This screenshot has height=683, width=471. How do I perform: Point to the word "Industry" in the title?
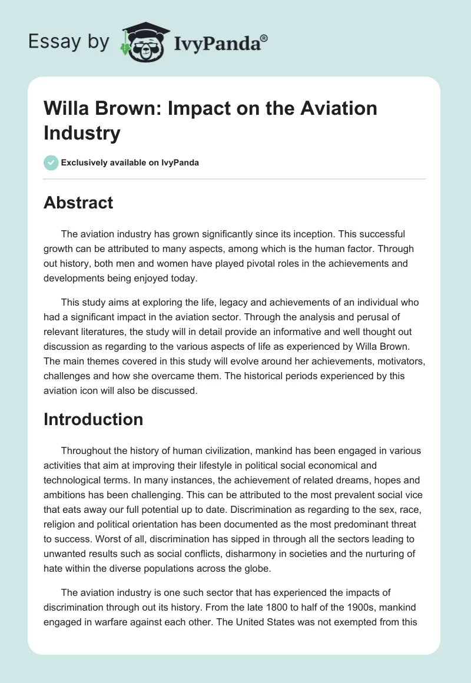pos(82,132)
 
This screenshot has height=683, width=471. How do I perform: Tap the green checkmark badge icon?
pos(51,163)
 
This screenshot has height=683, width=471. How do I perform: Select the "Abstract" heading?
pos(78,203)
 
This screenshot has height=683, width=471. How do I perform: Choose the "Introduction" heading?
pos(94,419)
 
